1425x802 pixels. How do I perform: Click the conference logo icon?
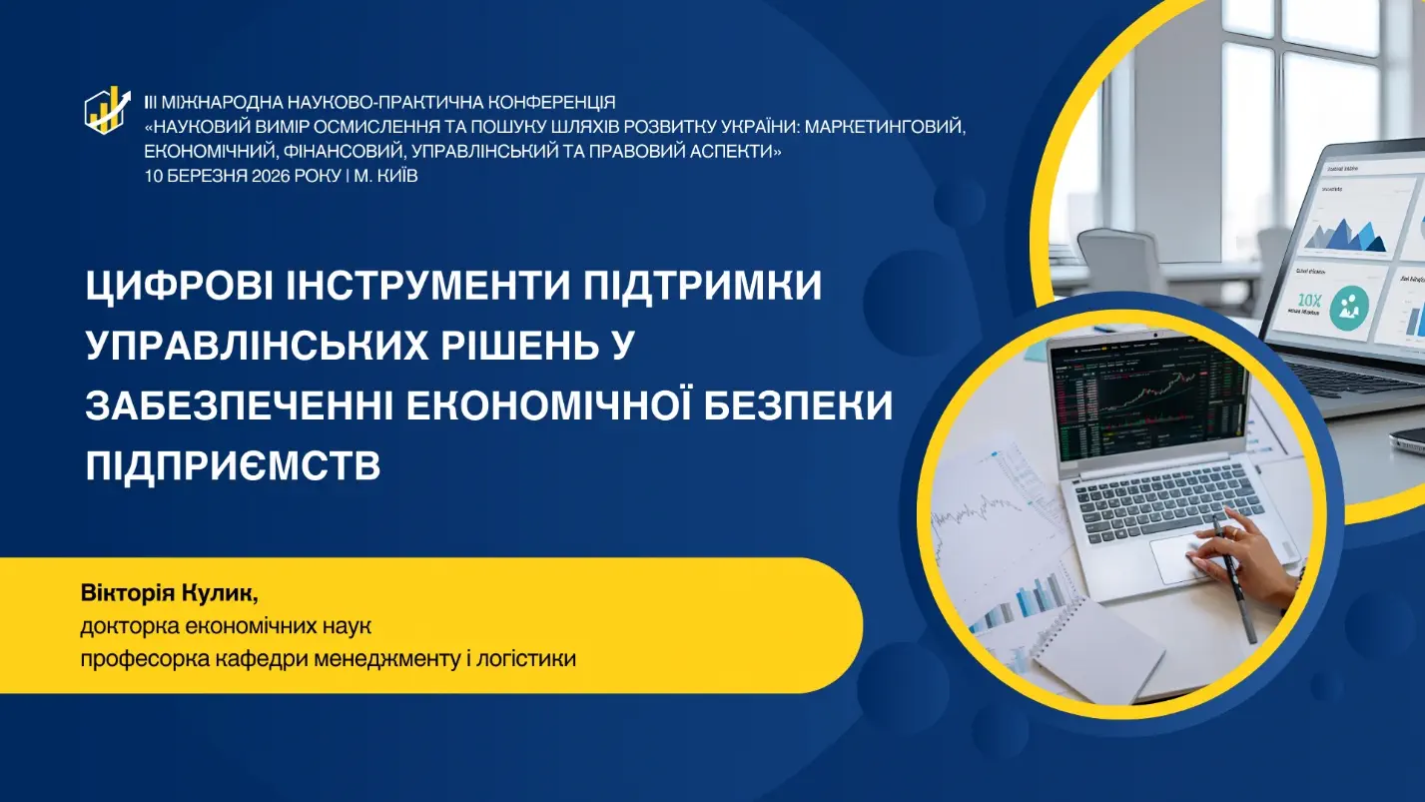(108, 110)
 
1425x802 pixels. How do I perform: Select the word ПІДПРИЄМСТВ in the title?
(233, 466)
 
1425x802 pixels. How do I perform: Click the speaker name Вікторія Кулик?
(169, 593)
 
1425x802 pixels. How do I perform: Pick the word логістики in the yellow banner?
(526, 658)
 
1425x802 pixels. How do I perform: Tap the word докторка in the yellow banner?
(129, 626)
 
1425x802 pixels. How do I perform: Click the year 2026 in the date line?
(271, 176)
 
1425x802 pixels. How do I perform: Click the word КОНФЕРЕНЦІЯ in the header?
(554, 102)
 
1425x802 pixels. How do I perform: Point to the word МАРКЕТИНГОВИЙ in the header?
(885, 127)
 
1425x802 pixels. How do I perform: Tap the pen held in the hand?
(1234, 579)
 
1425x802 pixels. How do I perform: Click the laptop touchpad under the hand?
(1181, 560)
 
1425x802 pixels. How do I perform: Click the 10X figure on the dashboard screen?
(1309, 300)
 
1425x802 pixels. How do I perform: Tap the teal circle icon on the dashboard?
(1349, 307)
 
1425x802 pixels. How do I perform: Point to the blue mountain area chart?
(1345, 235)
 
